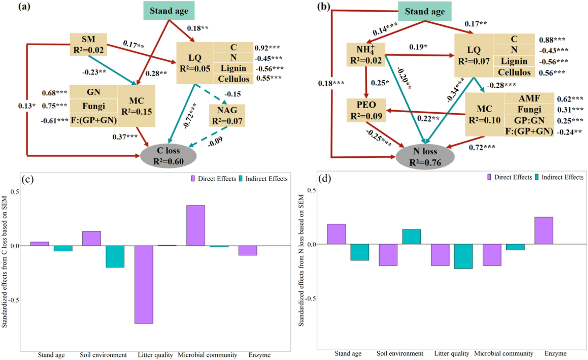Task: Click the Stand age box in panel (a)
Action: [x=169, y=11]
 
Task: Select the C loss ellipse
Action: [x=168, y=156]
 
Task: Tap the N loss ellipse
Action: [x=425, y=157]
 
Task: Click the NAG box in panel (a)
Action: [x=227, y=116]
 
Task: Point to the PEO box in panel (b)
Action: [x=366, y=110]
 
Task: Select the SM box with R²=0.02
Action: [x=88, y=45]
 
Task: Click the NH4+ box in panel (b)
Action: [x=365, y=55]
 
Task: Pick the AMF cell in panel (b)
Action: [x=529, y=98]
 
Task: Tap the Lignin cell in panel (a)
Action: [x=233, y=68]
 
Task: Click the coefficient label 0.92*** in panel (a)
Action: [x=267, y=48]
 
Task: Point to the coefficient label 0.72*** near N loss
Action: [x=482, y=147]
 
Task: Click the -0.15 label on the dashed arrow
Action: [x=233, y=94]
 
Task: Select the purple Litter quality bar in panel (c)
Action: [x=144, y=284]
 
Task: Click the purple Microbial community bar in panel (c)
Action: [x=196, y=225]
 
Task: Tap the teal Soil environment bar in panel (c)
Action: [x=115, y=256]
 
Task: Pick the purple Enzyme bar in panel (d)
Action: [x=543, y=230]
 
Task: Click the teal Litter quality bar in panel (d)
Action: [x=463, y=256]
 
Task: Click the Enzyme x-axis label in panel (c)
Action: [x=259, y=355]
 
